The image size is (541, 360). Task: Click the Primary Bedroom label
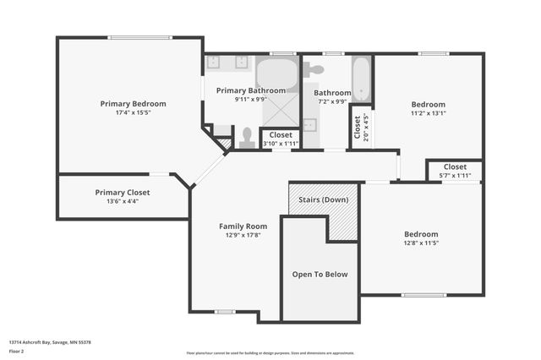133,103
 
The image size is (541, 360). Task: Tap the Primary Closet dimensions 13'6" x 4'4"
122,201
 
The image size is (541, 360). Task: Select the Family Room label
243,226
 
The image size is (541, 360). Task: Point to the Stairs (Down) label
323,199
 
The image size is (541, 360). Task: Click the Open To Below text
320,274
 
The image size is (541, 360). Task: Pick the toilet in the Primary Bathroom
247,136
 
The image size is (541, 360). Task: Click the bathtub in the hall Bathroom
361,79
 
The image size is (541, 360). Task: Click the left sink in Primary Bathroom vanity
214,62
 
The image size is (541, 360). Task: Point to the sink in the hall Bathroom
310,126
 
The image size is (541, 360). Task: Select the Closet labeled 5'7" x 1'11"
455,171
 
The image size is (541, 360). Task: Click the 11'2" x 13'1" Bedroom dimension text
428,112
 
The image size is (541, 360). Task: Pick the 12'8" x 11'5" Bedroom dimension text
420,243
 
